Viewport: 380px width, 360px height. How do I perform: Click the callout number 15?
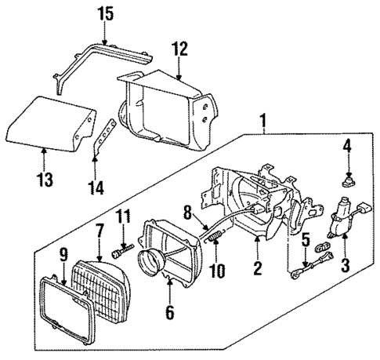click(104, 13)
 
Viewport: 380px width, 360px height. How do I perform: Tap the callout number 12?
click(180, 49)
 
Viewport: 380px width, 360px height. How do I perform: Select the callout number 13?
click(44, 180)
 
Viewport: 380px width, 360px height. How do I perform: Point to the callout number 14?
click(96, 187)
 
